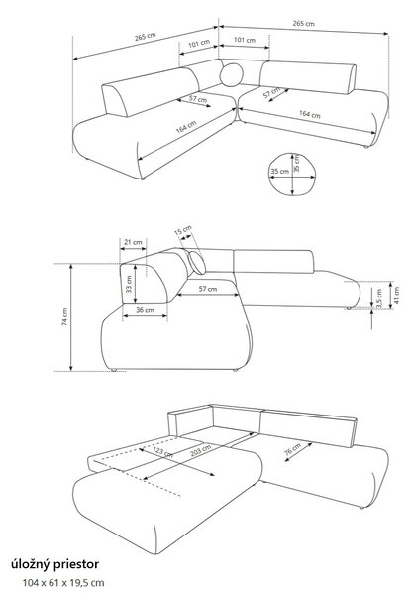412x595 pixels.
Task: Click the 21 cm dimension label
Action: (x=133, y=242)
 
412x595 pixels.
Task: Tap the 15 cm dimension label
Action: (x=183, y=231)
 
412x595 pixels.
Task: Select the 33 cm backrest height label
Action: (x=129, y=285)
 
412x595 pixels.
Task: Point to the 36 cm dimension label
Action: (x=145, y=310)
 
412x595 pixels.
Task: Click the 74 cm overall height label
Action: (x=65, y=317)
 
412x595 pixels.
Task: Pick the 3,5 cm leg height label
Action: (x=379, y=297)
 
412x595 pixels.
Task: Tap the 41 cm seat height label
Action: (x=397, y=295)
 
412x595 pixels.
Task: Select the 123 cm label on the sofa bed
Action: (x=163, y=451)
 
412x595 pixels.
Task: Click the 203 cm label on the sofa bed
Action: (x=201, y=450)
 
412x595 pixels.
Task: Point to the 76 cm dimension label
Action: (x=293, y=449)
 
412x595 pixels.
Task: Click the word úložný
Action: (x=31, y=564)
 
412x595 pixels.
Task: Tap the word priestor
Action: (x=76, y=564)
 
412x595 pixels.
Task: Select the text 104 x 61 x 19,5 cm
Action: (x=63, y=583)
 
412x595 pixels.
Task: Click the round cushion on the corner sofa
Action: (x=231, y=75)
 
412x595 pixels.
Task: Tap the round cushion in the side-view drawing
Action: (x=197, y=262)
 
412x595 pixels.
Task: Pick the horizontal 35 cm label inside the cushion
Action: (x=279, y=172)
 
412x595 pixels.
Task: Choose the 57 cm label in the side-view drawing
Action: (x=208, y=289)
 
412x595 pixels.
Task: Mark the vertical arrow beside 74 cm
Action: (x=71, y=317)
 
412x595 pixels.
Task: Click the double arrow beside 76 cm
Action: (x=299, y=451)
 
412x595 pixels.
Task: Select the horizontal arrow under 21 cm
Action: (x=133, y=249)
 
